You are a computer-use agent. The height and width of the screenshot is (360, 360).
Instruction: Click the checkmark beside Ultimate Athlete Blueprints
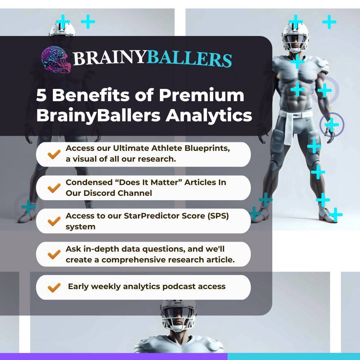tap(54, 154)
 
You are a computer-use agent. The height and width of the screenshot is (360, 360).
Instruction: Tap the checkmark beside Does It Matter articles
tap(54, 188)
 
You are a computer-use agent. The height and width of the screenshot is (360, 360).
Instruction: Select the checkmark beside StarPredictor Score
tap(54, 221)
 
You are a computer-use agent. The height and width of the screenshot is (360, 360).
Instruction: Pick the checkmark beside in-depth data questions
tap(54, 254)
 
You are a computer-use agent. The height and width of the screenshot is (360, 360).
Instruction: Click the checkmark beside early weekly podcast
tap(54, 287)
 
